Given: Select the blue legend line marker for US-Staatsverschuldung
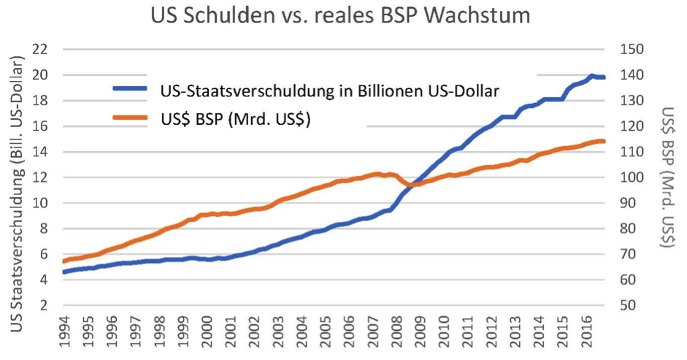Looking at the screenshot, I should (132, 91).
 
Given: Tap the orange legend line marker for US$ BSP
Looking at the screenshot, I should (132, 119).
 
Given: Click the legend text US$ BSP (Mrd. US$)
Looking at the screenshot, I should (235, 119).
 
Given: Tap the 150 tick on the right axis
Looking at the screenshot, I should (630, 50).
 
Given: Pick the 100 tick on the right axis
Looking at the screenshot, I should (630, 177).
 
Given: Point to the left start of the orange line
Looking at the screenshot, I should (64, 261).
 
